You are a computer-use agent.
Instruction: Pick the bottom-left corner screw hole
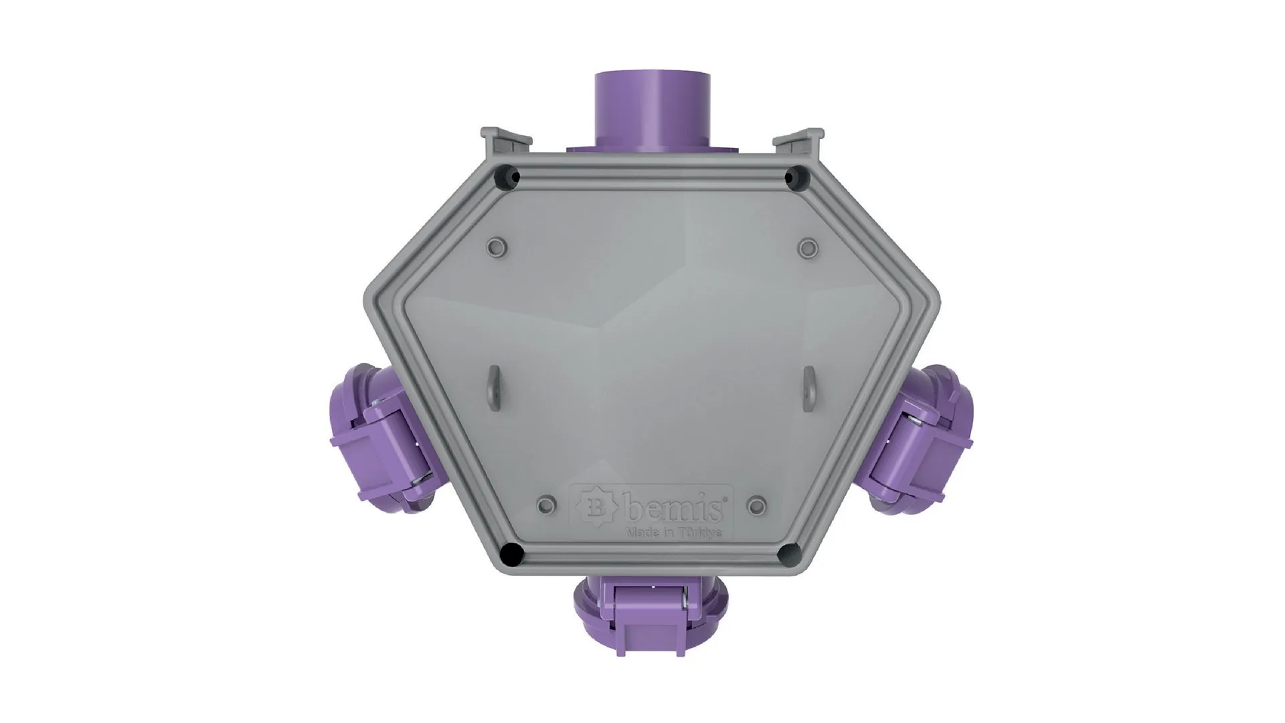pos(512,554)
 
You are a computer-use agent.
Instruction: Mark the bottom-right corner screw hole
pos(788,554)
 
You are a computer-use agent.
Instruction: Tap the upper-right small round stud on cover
pos(808,247)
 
